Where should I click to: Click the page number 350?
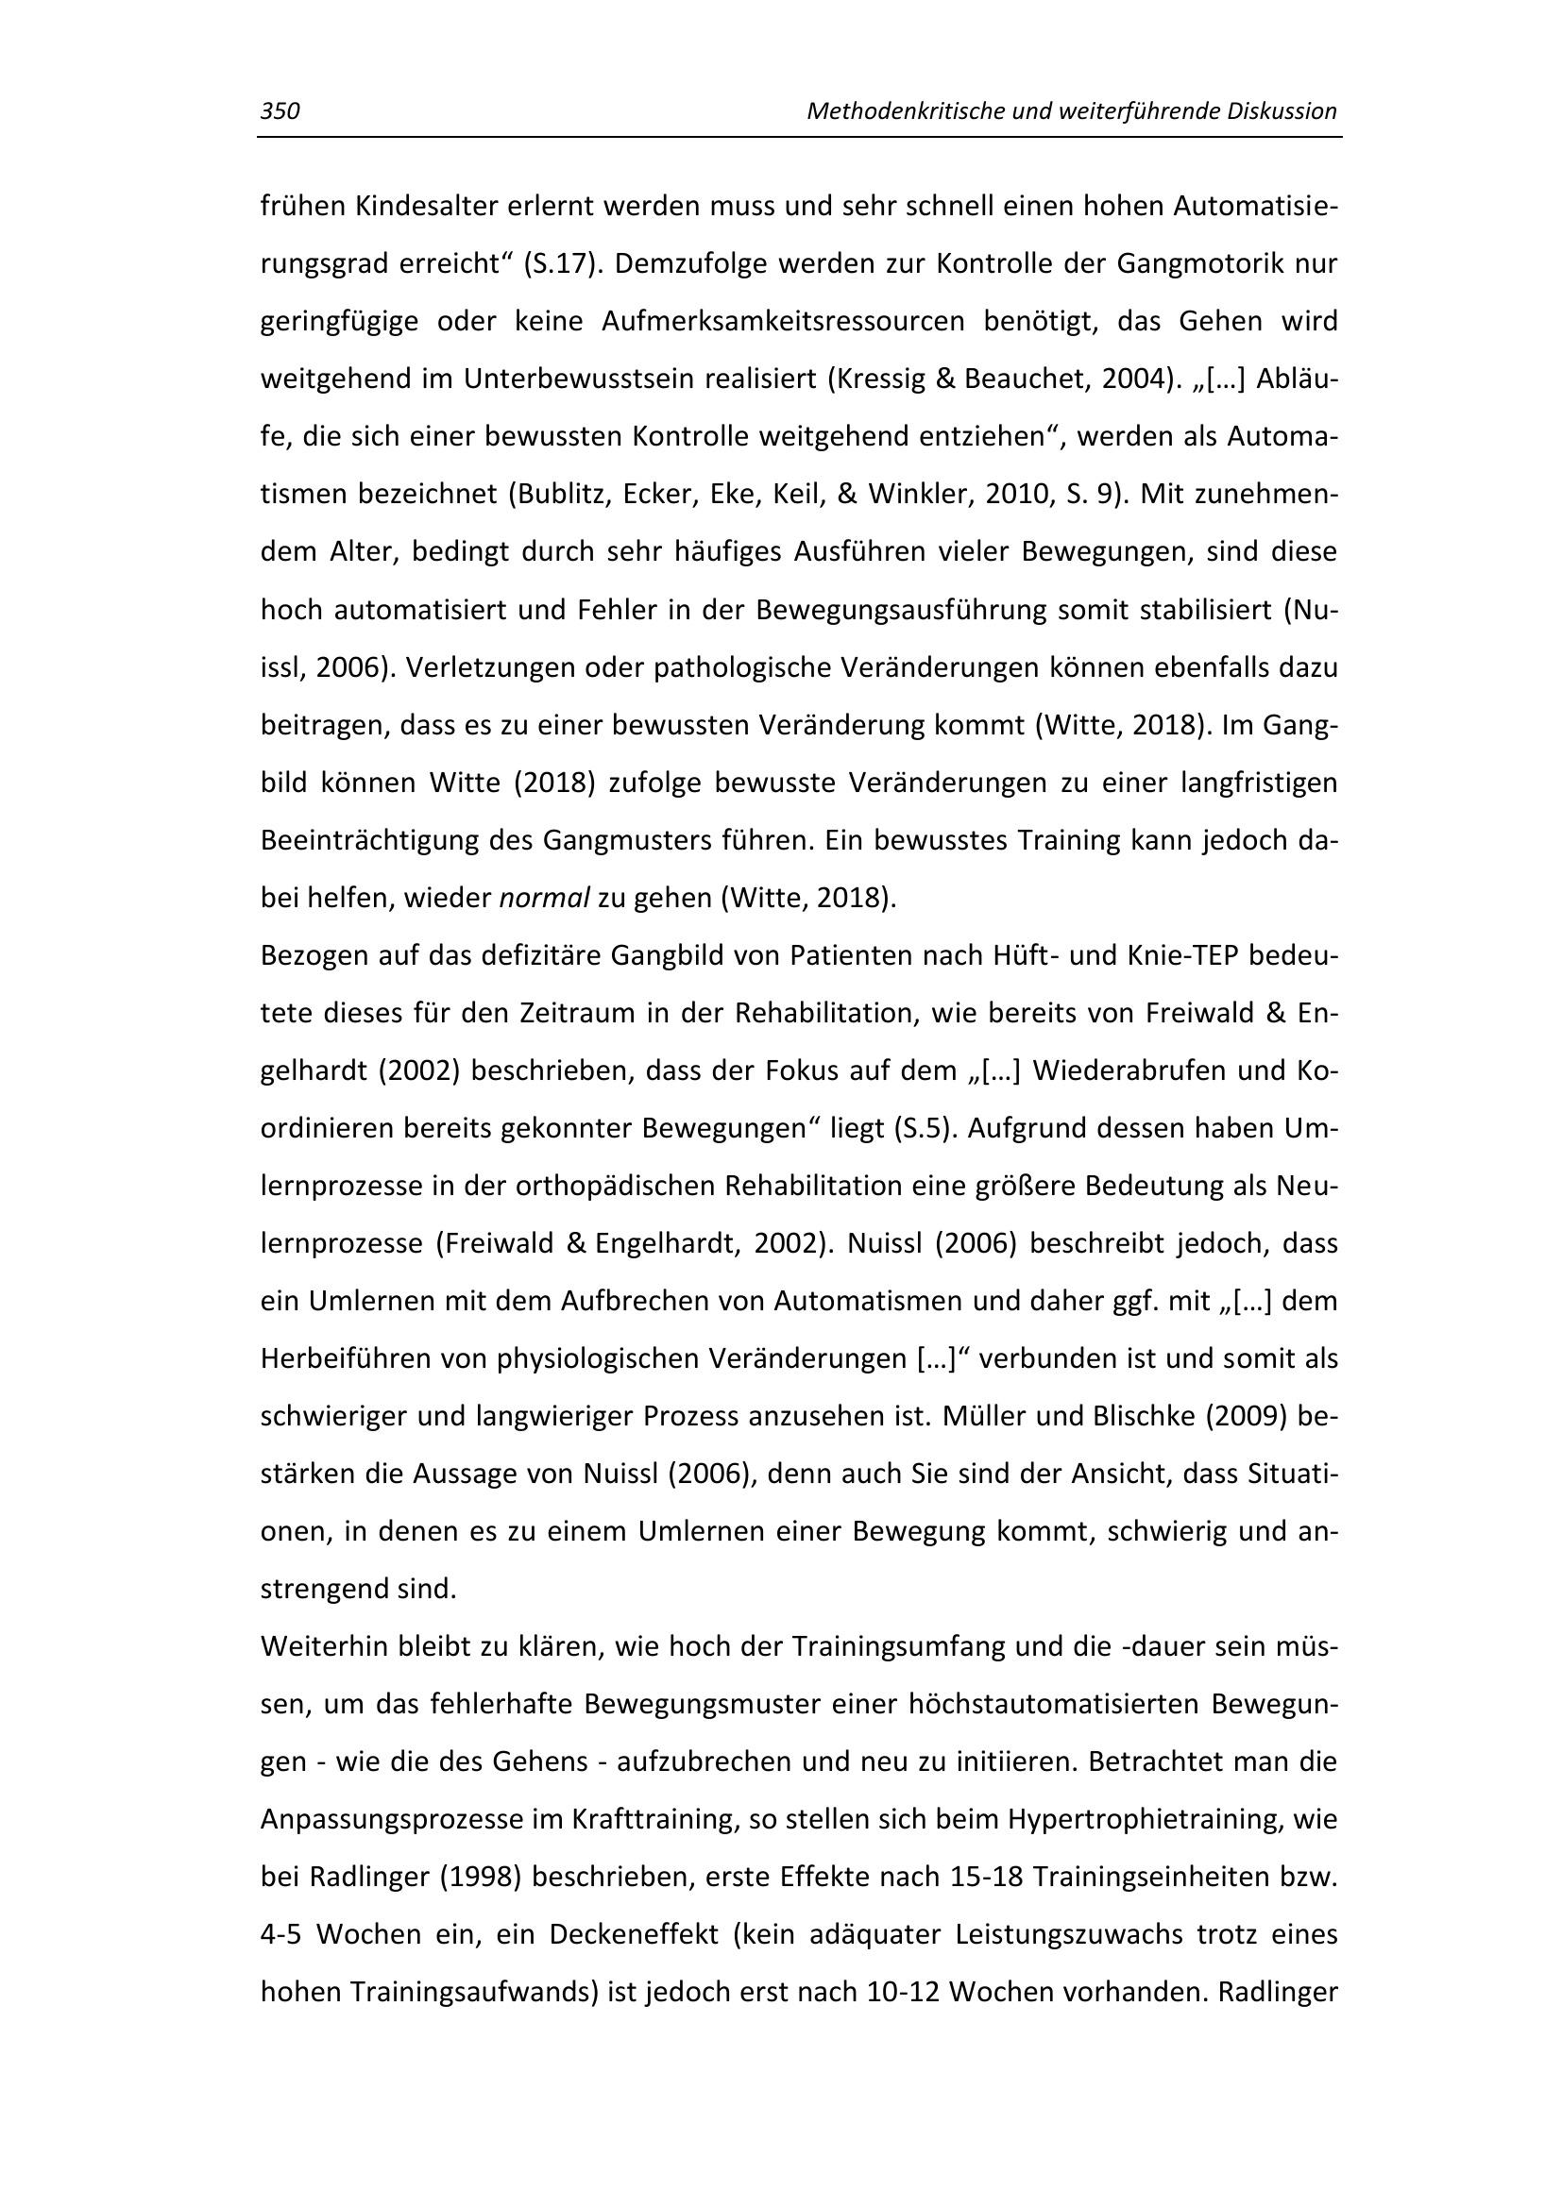click(280, 111)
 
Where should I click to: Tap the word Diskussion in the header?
click(1282, 111)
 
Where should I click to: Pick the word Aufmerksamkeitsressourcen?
click(783, 321)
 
